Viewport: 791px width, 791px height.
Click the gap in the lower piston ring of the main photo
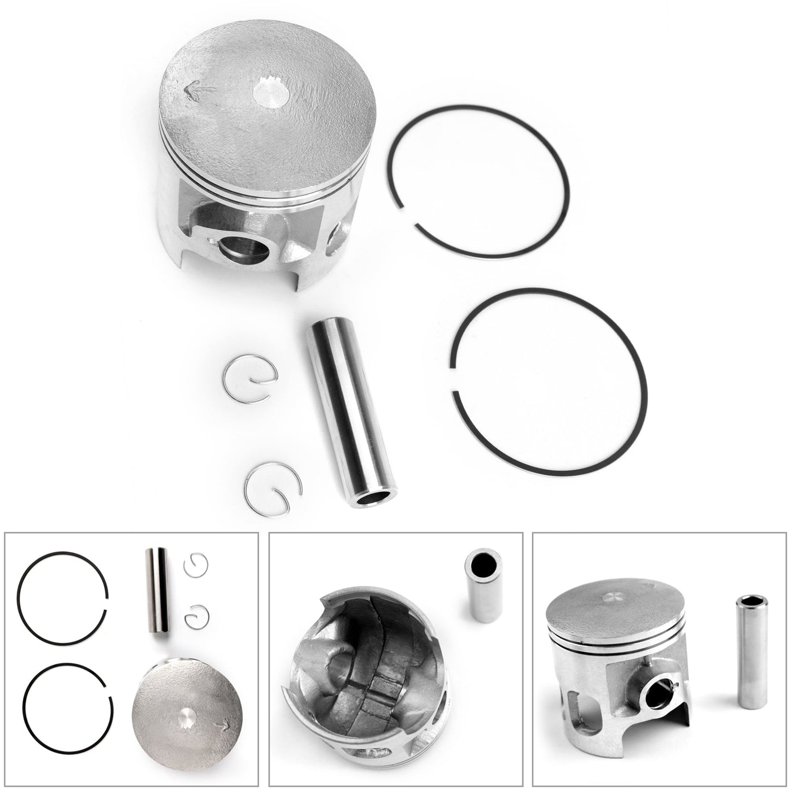453,378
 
